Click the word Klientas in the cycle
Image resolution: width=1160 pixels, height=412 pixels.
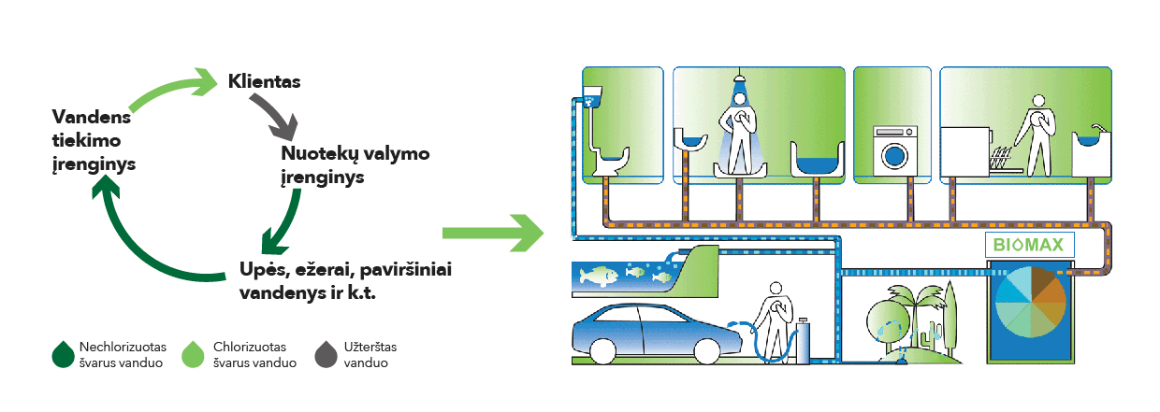264,82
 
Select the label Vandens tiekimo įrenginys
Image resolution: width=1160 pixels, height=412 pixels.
94,140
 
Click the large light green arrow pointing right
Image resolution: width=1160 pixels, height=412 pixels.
492,234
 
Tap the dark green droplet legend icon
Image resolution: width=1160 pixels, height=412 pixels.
64,354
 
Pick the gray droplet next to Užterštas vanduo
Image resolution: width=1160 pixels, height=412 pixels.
327,354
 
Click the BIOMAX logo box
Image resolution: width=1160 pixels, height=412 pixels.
1029,247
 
